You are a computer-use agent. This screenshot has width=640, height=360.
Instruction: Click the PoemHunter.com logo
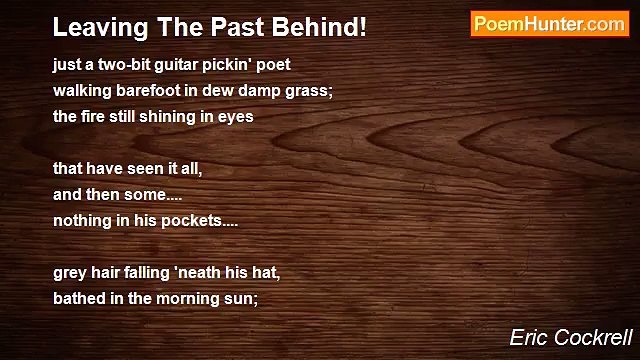[549, 24]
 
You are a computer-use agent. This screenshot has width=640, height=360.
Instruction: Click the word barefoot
[144, 91]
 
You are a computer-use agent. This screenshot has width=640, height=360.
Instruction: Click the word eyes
[238, 116]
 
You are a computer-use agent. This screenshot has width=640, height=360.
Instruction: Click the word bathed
[78, 297]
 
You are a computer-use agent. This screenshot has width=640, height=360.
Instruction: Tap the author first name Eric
[528, 338]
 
